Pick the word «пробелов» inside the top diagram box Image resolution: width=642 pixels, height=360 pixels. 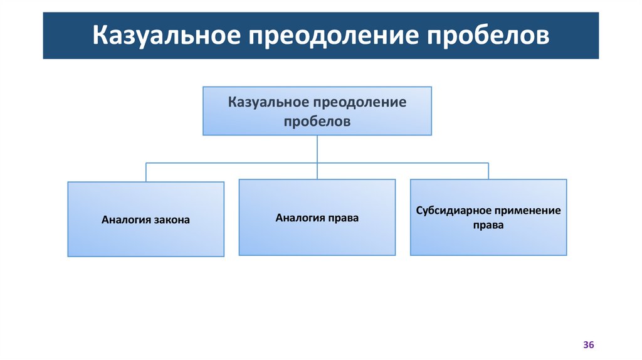pyautogui.click(x=317, y=122)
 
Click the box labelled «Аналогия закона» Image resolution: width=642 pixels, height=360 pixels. pyautogui.click(x=145, y=219)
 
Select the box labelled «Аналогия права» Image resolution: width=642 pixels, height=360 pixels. pyautogui.click(x=317, y=217)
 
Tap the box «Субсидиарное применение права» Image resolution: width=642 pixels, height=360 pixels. pyautogui.click(x=488, y=217)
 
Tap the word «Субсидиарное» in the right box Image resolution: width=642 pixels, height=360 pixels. pyautogui.click(x=451, y=210)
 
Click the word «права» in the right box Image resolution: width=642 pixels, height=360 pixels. pyautogui.click(x=488, y=225)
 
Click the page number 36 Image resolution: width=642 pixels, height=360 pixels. pyautogui.click(x=588, y=346)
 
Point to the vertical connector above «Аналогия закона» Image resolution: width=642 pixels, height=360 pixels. pyautogui.click(x=146, y=172)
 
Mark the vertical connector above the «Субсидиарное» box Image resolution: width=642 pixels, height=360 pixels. pyautogui.click(x=488, y=171)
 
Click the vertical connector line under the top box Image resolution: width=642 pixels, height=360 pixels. pyautogui.click(x=317, y=149)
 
